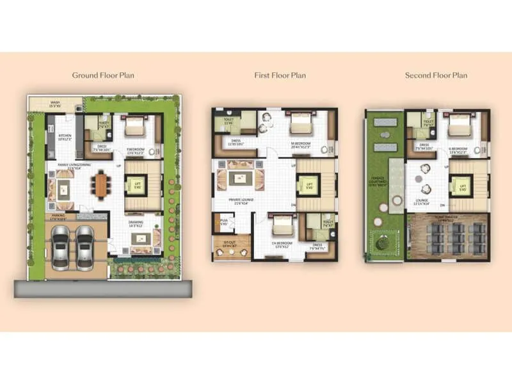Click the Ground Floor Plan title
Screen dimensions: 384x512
pos(103,76)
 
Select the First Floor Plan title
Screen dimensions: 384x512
pos(280,76)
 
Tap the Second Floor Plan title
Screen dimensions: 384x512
pos(436,76)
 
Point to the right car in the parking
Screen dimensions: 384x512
pos(85,247)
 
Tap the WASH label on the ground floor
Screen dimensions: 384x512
pos(55,103)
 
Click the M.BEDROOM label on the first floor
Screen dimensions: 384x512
pos(300,144)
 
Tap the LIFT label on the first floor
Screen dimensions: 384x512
pos(308,186)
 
